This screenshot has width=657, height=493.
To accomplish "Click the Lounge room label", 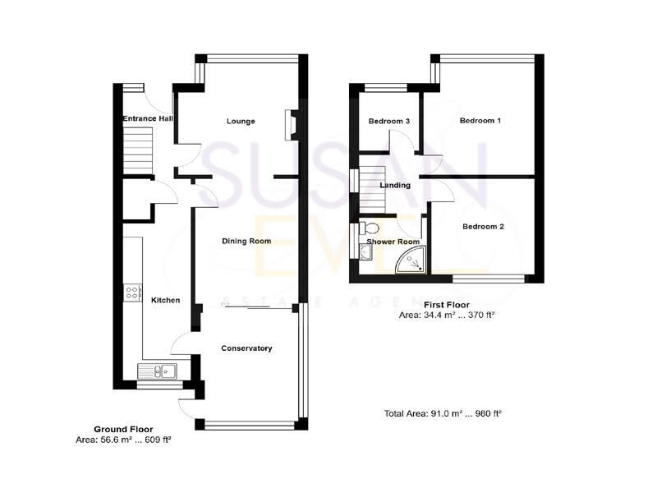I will point(241,122).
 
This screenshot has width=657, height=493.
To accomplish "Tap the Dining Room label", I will point(246,242).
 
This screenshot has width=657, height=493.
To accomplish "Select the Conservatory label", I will point(246,348).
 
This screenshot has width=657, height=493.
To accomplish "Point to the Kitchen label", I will point(165,301).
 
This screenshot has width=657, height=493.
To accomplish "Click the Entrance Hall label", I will point(148,120).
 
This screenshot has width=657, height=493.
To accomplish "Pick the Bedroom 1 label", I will point(480,121).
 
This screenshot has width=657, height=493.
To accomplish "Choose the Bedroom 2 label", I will point(483,227).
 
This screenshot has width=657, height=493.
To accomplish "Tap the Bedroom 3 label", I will point(389,122).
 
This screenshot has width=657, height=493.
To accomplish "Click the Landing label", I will point(395,186).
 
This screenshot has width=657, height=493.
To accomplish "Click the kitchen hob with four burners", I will point(131,294).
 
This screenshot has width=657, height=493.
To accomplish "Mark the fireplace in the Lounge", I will point(290,122).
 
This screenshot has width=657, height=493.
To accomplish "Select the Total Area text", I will point(443,413).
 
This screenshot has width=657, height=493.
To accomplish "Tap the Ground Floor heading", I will point(123,429).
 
